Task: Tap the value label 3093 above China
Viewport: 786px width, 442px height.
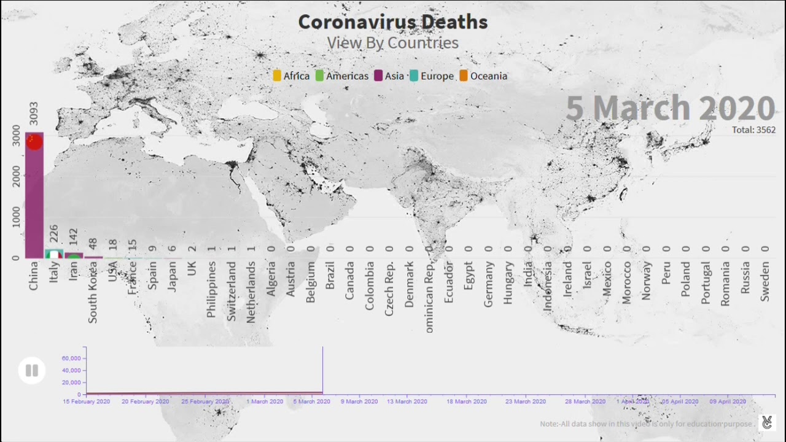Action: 34,114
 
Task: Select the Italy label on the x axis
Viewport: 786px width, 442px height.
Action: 53,272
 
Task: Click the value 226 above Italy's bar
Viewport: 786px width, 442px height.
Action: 53,234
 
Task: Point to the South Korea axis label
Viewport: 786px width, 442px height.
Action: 93,292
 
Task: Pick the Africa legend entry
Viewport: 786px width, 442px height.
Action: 291,76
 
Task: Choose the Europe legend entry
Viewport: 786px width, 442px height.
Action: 432,76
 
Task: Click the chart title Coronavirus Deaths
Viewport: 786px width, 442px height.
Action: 393,22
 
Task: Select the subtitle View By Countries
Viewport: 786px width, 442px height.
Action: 392,43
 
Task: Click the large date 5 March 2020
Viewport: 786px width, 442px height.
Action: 670,108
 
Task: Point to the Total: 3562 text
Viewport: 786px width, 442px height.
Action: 753,130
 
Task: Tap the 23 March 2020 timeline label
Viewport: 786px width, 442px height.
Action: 525,401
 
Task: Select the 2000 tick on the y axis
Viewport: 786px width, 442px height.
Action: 16,176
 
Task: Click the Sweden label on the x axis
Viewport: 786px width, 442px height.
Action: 765,281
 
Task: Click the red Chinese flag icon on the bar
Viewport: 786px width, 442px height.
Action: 34,142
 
